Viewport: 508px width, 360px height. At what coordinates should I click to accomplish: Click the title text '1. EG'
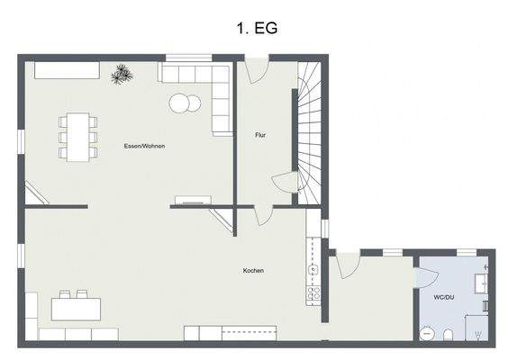pyautogui.click(x=253, y=28)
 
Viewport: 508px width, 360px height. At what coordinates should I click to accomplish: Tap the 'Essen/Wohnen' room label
pyautogui.click(x=144, y=146)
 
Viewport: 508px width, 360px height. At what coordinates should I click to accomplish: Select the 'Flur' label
pyautogui.click(x=260, y=135)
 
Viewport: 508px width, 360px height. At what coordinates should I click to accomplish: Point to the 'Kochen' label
pyautogui.click(x=253, y=270)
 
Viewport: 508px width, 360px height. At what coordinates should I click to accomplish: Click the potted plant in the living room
pyautogui.click(x=122, y=76)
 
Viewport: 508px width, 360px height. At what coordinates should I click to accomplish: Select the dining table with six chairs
pyautogui.click(x=78, y=136)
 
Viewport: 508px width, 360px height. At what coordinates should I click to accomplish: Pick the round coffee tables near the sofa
pyautogui.click(x=185, y=103)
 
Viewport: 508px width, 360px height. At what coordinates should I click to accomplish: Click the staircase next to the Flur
pyautogui.click(x=309, y=130)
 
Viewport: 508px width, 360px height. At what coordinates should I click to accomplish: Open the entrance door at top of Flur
pyautogui.click(x=257, y=70)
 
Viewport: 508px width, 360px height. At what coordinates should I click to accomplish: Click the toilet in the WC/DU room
pyautogui.click(x=449, y=335)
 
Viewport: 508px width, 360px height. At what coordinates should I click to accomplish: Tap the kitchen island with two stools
pyautogui.click(x=75, y=307)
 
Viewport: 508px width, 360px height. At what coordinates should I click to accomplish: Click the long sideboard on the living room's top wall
pyautogui.click(x=66, y=70)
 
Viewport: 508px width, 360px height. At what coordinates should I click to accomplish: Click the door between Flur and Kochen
pyautogui.click(x=263, y=214)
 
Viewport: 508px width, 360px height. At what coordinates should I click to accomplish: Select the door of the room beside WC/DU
pyautogui.click(x=347, y=264)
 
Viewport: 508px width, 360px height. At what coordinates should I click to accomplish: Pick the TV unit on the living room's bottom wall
pyautogui.click(x=192, y=201)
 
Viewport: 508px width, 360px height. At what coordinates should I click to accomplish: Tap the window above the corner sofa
pyautogui.click(x=189, y=58)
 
